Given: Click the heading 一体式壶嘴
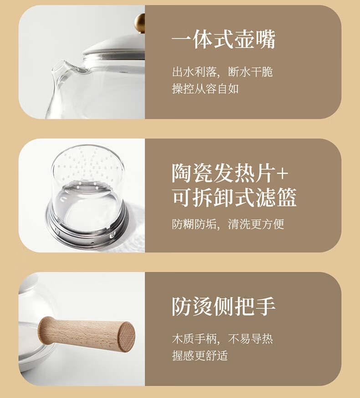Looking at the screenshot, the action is [223, 40].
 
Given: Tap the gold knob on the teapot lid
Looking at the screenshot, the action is [140, 23].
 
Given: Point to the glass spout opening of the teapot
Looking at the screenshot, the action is [58, 67].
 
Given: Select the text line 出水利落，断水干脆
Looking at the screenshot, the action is [222, 72].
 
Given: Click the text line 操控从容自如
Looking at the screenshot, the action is [205, 89].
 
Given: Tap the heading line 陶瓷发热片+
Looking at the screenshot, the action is [230, 173].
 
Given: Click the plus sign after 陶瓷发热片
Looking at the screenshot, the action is [282, 174].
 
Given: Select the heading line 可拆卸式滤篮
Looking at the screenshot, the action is [234, 198].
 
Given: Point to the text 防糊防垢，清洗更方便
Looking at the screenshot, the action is [228, 224].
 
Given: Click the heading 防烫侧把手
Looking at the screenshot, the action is [223, 307].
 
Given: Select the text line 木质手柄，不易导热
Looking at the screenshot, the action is [222, 339].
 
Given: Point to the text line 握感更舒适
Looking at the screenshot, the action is [200, 356].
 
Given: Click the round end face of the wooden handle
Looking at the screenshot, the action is [126, 336].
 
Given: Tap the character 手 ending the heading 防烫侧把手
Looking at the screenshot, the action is [265, 307].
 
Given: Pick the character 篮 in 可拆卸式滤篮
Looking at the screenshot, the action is [287, 198].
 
